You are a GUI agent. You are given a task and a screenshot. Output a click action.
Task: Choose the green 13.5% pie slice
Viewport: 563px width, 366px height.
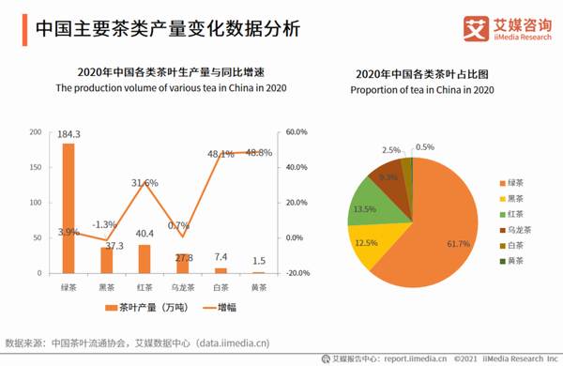click(364, 207)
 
